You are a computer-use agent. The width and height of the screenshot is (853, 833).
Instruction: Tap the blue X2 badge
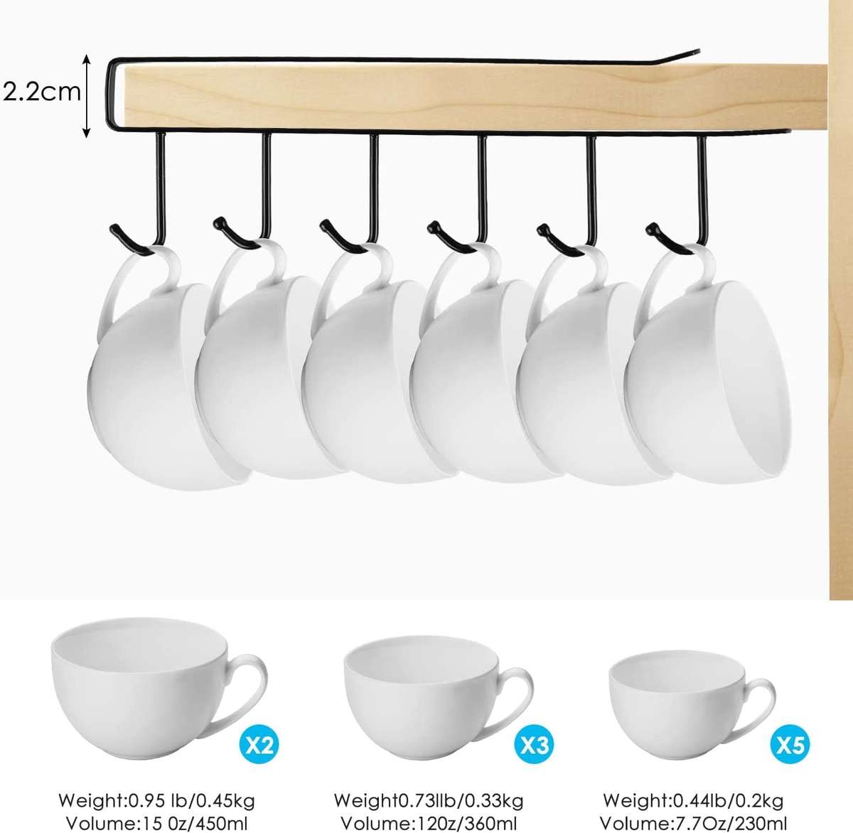pos(257,744)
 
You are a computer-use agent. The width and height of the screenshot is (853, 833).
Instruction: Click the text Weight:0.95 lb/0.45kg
pos(156,801)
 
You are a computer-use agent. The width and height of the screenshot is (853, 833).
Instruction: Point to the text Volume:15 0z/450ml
pos(156,823)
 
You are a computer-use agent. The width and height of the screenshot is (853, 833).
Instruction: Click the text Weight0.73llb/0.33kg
pos(429,801)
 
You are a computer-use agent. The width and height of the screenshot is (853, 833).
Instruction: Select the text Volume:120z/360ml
pos(429,823)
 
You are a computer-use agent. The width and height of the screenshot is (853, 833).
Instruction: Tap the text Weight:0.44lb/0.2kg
pos(693,801)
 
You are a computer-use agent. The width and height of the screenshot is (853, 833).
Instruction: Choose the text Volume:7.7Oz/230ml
pos(693,823)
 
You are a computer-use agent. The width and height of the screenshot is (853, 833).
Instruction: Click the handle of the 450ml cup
pos(249,682)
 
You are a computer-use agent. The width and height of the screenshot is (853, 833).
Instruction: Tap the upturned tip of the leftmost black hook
pos(114,229)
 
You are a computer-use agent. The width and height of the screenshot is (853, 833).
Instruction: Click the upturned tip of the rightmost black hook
pos(650,228)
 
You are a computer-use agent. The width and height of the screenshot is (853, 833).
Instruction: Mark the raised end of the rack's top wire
pos(693,52)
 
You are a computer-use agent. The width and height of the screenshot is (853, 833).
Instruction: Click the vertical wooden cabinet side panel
pos(840,320)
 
